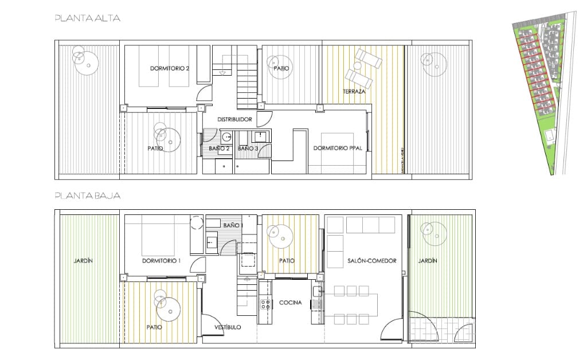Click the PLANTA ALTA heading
(x=87, y=18)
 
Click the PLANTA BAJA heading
(x=87, y=195)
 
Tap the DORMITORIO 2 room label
(x=170, y=68)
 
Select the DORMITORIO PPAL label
(x=337, y=148)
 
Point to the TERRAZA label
(x=354, y=91)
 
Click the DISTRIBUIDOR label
(x=234, y=119)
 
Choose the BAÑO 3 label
(x=248, y=148)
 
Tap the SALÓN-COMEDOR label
(x=372, y=261)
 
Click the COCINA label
(x=291, y=303)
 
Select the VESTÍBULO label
(x=228, y=327)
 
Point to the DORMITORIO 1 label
(x=161, y=261)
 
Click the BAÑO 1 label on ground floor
(x=232, y=225)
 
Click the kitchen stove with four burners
(x=265, y=304)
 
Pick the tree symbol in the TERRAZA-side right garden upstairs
(x=432, y=64)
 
